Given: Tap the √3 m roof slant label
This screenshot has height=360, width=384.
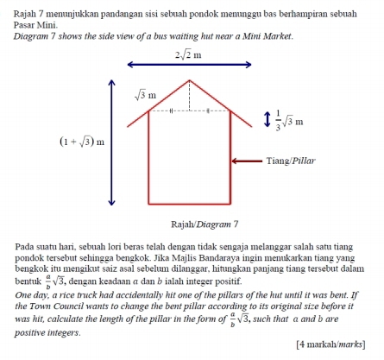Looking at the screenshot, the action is (145, 93).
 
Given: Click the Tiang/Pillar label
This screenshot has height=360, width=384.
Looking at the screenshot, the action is (293, 161).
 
